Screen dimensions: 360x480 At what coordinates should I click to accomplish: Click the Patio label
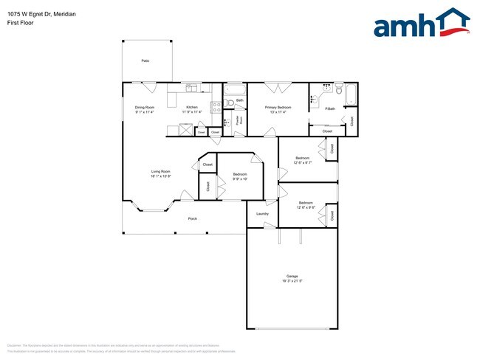click(146, 60)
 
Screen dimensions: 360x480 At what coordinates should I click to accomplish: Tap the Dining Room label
click(145, 108)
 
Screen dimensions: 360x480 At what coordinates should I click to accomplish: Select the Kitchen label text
click(192, 108)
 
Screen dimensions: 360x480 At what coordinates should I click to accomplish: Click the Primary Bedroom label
click(278, 108)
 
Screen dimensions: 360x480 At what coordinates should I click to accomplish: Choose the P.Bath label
click(330, 109)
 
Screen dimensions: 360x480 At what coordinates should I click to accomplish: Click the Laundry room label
click(262, 214)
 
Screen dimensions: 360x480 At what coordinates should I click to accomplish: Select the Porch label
click(192, 219)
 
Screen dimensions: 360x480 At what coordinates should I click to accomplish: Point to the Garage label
click(292, 276)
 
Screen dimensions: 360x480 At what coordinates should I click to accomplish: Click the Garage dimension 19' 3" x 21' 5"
click(292, 281)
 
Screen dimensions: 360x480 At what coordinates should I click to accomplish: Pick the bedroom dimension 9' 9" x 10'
click(240, 179)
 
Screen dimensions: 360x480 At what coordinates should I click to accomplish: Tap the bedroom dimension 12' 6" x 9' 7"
click(304, 163)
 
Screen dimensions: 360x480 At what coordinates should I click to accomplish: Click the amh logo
click(421, 23)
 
